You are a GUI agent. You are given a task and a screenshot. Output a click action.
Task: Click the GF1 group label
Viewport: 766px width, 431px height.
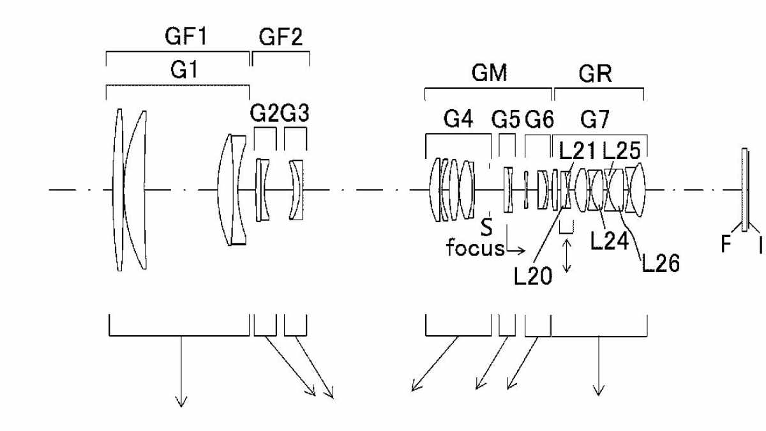[186, 36]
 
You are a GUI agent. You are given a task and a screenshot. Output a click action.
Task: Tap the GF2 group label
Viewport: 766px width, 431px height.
[281, 37]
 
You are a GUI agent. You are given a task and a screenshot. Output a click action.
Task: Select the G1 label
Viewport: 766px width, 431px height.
[184, 70]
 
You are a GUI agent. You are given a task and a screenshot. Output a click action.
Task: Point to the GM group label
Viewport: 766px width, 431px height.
[489, 73]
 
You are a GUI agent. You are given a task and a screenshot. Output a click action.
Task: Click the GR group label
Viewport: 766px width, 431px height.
[595, 73]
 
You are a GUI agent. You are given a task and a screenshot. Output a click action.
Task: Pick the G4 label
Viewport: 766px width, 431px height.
[458, 119]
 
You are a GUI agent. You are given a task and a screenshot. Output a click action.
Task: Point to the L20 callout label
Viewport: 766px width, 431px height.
[533, 276]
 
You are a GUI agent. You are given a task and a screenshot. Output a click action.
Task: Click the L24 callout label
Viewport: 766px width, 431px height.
[610, 241]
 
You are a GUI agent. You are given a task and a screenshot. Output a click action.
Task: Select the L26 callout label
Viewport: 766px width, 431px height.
[661, 263]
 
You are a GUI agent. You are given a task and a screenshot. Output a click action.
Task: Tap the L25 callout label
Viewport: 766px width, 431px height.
[621, 151]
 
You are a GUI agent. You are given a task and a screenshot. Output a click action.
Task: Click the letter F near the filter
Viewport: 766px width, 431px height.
[726, 245]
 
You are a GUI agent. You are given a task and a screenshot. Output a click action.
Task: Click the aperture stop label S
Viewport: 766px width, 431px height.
[486, 227]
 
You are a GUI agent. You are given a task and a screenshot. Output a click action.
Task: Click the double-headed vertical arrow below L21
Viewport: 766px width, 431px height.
[567, 255]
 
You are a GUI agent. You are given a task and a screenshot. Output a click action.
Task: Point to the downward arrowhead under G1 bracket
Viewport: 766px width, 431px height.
[181, 402]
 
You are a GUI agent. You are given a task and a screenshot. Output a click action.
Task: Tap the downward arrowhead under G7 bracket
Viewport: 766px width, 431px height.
[599, 391]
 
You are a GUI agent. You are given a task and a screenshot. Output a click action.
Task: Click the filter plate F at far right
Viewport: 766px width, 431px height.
[744, 190]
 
